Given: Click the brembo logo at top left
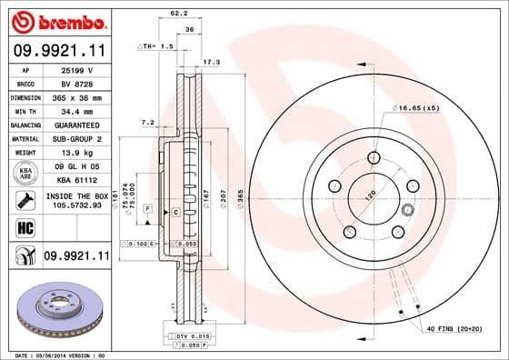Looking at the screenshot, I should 56,19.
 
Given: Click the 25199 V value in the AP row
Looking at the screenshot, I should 75,69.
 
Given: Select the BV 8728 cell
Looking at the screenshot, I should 75,83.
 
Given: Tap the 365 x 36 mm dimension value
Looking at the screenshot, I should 75,96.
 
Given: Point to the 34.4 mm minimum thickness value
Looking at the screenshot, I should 75,110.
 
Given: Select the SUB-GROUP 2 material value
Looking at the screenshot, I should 75,138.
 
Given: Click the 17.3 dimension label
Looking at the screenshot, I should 211,63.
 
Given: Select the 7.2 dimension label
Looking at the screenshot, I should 147,121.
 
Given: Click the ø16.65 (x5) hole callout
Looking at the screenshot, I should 418,107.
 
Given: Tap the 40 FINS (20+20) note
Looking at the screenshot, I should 454,327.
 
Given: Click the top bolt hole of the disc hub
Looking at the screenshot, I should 373,159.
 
